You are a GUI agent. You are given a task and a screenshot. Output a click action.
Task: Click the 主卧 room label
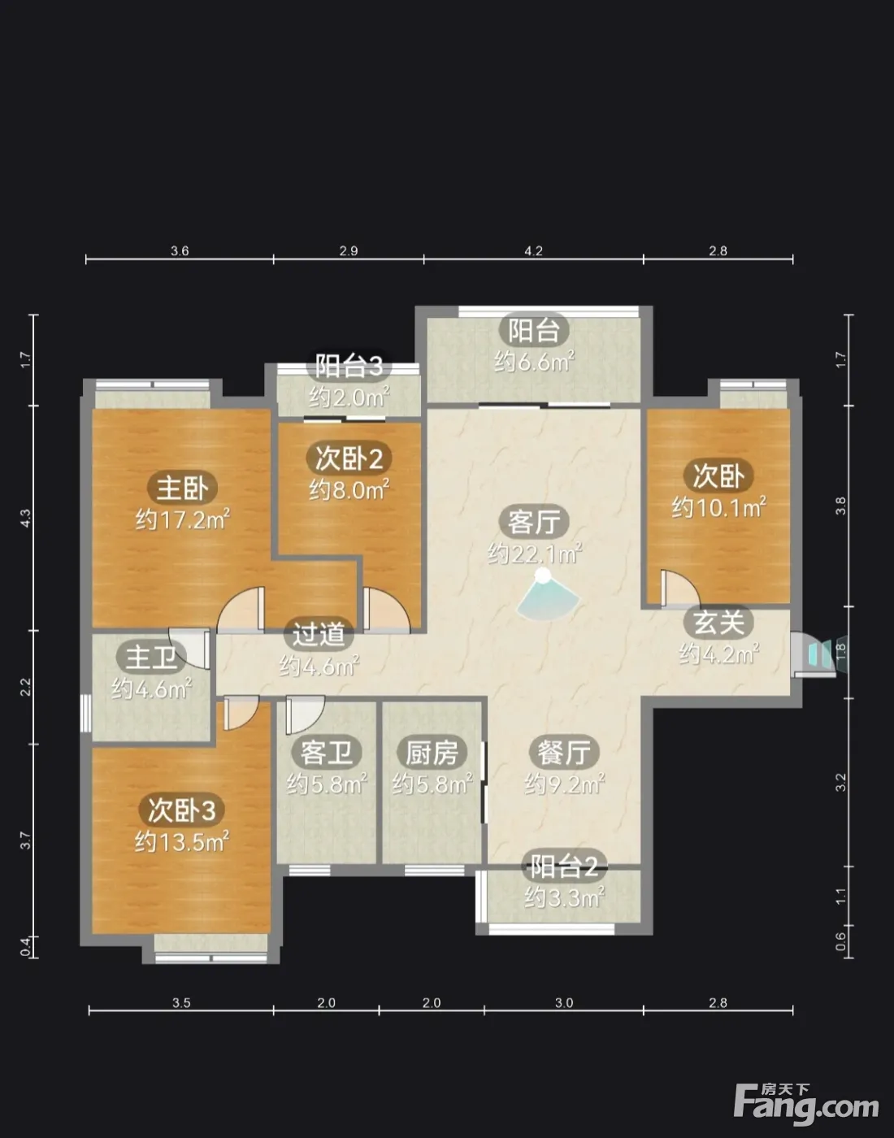click(x=182, y=488)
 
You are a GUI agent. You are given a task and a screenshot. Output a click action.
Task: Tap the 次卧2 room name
click(x=349, y=458)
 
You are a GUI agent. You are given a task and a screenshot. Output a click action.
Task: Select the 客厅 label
click(x=534, y=522)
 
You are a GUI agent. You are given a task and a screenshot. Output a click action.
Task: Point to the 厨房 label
click(x=432, y=753)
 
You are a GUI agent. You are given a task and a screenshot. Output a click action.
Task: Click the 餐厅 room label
click(x=564, y=752)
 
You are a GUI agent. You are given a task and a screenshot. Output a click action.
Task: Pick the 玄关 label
click(x=718, y=622)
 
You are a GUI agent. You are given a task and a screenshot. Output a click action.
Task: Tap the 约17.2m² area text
click(x=182, y=519)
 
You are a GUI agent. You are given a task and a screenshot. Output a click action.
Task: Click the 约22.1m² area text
click(x=535, y=553)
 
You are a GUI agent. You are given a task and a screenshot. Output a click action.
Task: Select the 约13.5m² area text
click(x=181, y=842)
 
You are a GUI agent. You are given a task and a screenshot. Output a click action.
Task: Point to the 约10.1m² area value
click(x=718, y=507)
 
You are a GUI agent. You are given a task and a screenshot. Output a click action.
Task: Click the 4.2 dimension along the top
click(x=533, y=251)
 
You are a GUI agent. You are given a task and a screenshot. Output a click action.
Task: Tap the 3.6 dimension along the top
click(x=180, y=251)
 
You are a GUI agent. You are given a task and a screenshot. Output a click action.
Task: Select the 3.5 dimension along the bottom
click(x=181, y=1003)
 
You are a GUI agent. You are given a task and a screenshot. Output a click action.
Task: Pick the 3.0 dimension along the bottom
click(x=564, y=1003)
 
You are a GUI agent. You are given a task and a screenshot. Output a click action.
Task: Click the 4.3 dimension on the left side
click(x=25, y=518)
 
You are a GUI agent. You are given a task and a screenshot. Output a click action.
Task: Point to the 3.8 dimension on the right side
click(x=840, y=506)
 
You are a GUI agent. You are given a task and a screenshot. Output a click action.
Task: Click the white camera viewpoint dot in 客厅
click(x=544, y=575)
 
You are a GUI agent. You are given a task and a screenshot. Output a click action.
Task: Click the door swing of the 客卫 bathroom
click(x=304, y=715)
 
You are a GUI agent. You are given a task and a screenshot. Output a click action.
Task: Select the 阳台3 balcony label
click(x=349, y=366)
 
